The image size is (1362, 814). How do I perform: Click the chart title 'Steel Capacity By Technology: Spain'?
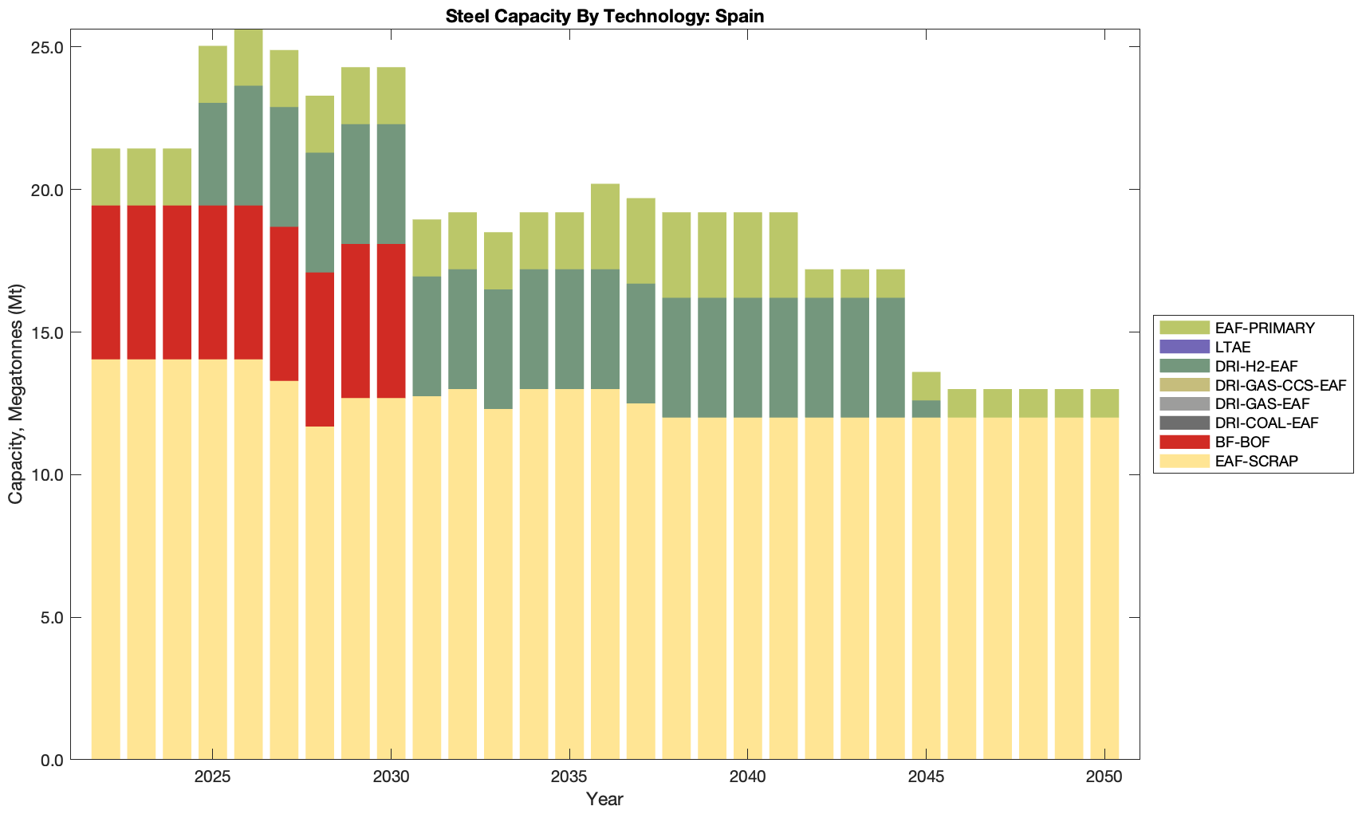[604, 16]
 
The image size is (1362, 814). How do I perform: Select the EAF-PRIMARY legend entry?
[1264, 328]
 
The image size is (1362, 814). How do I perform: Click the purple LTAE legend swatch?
[1184, 347]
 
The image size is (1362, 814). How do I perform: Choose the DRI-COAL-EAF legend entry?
[1266, 423]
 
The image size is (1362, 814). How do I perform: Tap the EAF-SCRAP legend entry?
[1256, 461]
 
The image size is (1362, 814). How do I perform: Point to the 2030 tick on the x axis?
[391, 777]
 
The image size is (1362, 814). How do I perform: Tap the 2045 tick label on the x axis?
[926, 777]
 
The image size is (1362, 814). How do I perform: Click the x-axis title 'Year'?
[604, 799]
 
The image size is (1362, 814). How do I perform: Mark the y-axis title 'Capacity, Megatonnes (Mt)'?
[15, 394]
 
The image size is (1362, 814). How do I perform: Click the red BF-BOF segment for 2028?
[320, 349]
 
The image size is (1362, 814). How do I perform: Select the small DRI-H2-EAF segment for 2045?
[926, 408]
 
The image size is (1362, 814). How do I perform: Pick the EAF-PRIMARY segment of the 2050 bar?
[1104, 403]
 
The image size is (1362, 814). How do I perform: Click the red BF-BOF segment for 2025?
[213, 282]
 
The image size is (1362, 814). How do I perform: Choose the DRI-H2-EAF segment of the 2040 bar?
[748, 358]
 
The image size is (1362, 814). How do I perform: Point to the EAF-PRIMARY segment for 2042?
[819, 284]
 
